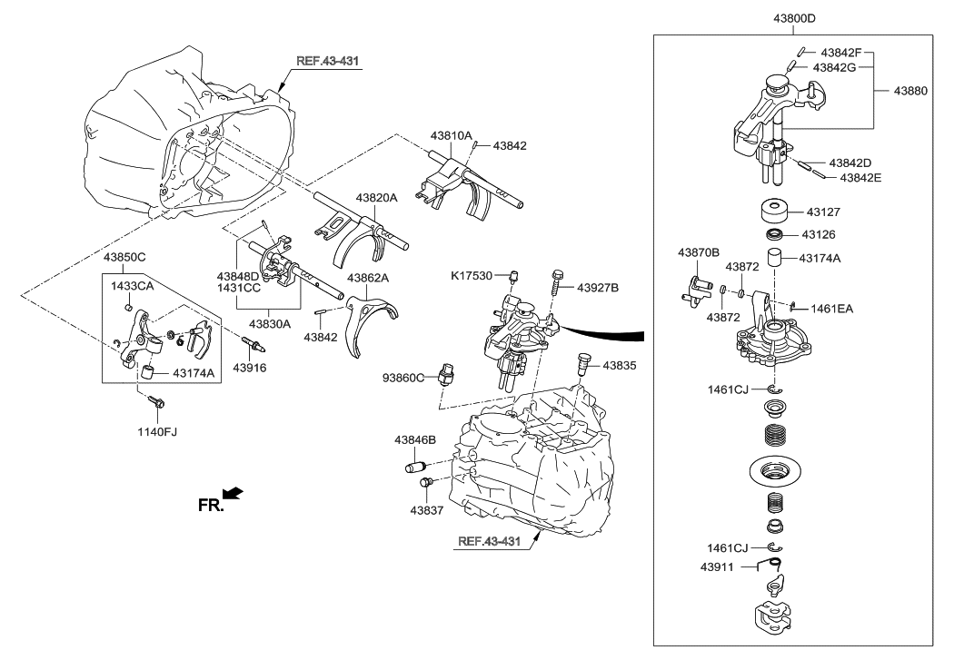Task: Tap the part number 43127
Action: point(825,212)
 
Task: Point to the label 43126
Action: point(825,235)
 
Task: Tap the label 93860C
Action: point(403,377)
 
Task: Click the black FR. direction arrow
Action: point(233,493)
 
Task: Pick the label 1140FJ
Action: point(156,431)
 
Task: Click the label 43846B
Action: point(415,439)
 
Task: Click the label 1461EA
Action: point(833,309)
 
